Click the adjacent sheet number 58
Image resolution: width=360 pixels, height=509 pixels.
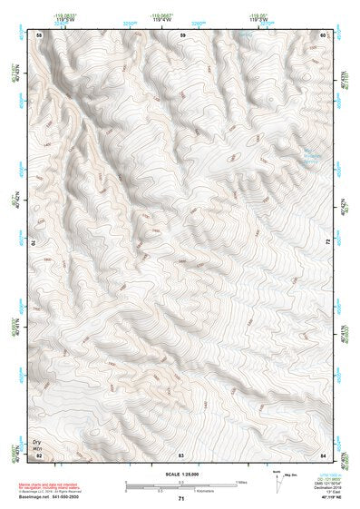39,34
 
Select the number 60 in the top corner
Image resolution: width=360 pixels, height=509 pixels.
324,34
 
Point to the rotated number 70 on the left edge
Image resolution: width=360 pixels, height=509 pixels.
37,242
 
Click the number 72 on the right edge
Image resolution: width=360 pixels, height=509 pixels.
326,242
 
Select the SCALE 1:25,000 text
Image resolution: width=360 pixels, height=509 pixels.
181,475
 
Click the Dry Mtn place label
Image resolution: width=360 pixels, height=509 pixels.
39,438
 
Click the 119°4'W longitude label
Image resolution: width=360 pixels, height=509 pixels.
163,18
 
